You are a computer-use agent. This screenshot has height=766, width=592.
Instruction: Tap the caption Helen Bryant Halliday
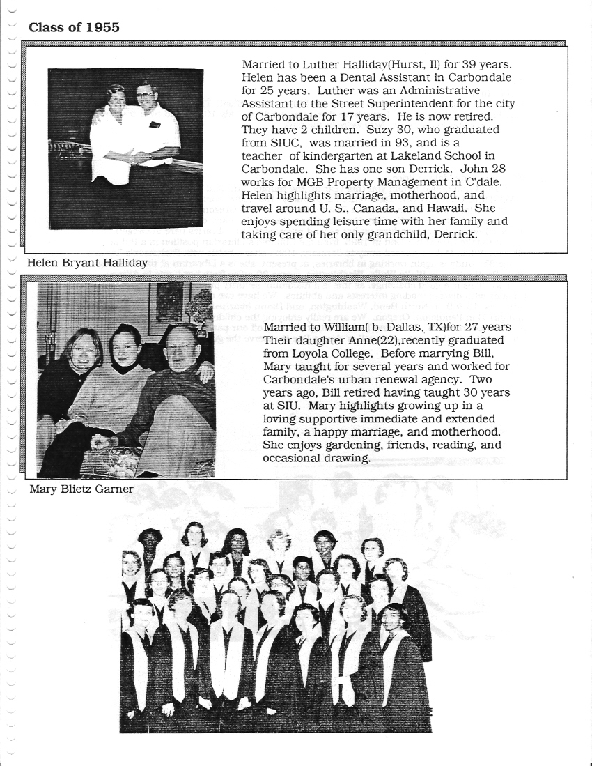(x=87, y=263)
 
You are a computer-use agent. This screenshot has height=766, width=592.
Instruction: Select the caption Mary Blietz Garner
(x=81, y=489)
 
